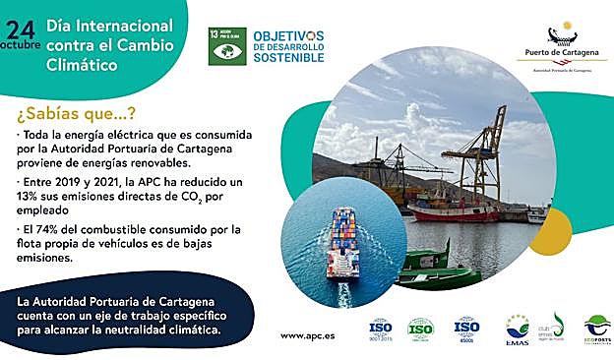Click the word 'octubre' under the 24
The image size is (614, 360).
click(x=21, y=45)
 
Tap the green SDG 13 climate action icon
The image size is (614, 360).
click(x=227, y=46)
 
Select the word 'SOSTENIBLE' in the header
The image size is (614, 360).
click(x=288, y=58)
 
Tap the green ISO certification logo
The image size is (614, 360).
click(x=421, y=328)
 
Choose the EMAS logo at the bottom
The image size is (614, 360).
click(x=517, y=329)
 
